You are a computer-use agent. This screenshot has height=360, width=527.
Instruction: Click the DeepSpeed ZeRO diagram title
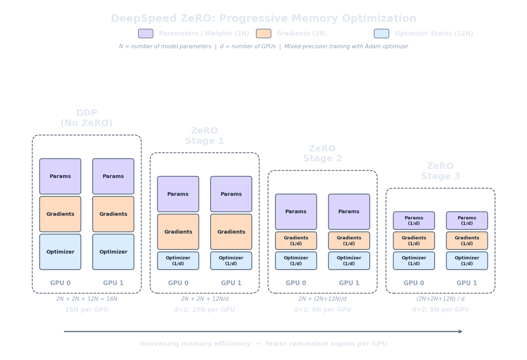[263, 19]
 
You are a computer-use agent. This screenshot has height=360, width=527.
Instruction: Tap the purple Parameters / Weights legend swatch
[146, 33]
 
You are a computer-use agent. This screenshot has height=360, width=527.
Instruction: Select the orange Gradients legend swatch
[263, 33]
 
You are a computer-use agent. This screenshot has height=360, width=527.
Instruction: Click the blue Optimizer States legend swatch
[381, 33]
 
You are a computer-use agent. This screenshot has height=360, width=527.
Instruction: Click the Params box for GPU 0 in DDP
[60, 176]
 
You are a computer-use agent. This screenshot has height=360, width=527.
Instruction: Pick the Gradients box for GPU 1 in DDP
[113, 214]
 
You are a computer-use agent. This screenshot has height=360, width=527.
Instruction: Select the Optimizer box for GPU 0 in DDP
[60, 252]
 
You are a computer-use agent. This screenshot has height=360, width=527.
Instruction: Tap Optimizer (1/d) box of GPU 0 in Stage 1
[178, 261]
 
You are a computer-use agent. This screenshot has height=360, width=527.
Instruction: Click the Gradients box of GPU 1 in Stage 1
[231, 232]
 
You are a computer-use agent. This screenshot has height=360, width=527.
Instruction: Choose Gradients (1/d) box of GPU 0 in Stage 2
[296, 240]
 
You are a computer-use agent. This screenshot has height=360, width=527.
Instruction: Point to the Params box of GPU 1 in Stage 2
[349, 211]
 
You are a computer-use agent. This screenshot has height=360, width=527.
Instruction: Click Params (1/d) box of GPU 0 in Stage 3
[414, 221]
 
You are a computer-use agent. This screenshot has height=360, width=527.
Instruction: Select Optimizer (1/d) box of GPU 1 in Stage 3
[467, 261]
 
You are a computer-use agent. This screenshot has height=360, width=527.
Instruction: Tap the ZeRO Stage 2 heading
[322, 153]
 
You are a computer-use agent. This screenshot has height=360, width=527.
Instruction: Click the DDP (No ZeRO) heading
[86, 118]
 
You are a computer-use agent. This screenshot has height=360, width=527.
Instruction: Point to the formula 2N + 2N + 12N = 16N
[86, 299]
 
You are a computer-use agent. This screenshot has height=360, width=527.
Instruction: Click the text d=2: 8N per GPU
[440, 310]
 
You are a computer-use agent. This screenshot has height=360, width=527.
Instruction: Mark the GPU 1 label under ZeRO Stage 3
[467, 283]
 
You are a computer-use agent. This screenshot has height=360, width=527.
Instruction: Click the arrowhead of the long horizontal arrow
[461, 331]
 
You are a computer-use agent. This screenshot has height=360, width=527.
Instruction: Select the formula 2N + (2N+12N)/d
[322, 299]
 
